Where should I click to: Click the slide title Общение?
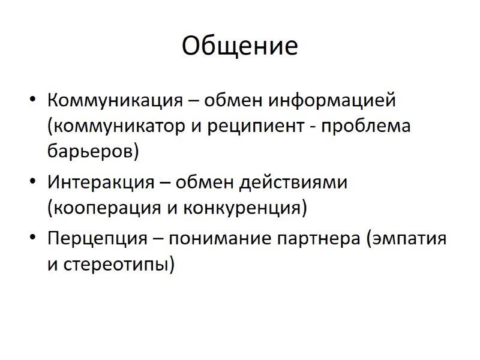[x=239, y=46]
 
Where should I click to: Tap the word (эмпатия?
[x=406, y=238]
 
